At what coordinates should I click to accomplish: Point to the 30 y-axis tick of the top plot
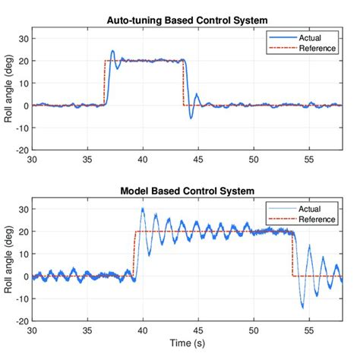[x=23, y=38]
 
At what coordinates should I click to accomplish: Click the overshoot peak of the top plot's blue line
[x=112, y=51]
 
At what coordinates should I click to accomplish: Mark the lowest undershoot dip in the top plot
[x=191, y=118]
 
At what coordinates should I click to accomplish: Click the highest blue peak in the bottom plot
[x=143, y=208]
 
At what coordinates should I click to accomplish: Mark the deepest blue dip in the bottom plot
[x=302, y=307]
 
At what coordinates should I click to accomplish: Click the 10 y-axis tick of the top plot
[x=23, y=83]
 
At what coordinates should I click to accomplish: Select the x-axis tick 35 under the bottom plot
[x=87, y=330]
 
